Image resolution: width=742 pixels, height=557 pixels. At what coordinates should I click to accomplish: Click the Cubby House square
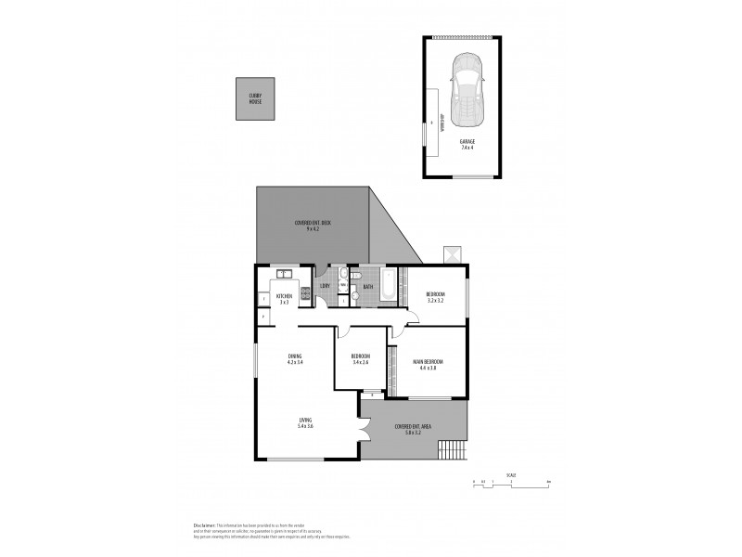pyautogui.click(x=255, y=98)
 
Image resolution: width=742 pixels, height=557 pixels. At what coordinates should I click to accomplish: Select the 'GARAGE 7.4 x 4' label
pyautogui.click(x=467, y=145)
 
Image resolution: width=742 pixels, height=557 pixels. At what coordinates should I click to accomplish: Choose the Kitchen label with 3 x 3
pyautogui.click(x=284, y=300)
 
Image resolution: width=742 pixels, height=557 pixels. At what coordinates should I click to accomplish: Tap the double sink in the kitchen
pyautogui.click(x=284, y=274)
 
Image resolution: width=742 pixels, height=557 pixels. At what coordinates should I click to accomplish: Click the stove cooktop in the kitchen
pyautogui.click(x=304, y=291)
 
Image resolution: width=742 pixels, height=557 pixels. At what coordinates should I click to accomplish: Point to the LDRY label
pyautogui.click(x=325, y=286)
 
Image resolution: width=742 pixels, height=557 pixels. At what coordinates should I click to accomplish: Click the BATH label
pyautogui.click(x=367, y=287)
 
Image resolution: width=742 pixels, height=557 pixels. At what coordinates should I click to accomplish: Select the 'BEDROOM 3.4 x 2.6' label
pyautogui.click(x=360, y=359)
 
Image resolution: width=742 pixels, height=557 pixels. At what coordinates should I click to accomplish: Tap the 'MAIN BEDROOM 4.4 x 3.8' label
pyautogui.click(x=427, y=363)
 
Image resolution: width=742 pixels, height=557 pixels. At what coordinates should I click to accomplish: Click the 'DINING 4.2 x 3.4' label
pyautogui.click(x=295, y=359)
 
